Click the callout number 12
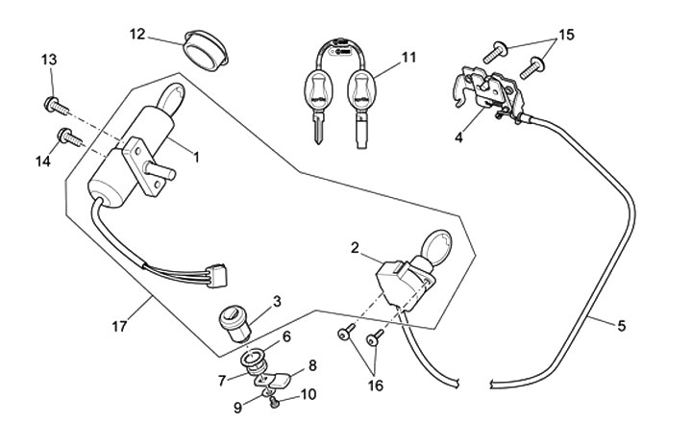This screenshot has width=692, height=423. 137,35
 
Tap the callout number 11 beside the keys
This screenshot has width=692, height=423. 409,58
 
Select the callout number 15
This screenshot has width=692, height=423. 566,35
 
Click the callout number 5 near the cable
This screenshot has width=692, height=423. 621,326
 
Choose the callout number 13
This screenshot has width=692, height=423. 49,61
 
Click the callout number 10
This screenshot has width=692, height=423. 307,393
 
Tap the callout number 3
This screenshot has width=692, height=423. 277,301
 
